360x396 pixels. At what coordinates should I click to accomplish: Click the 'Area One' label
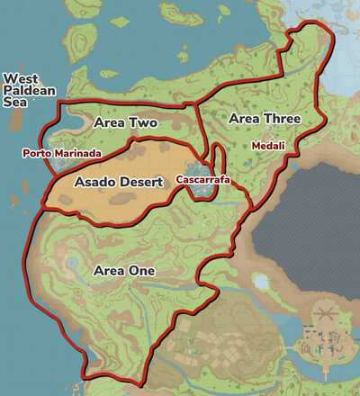(x=124, y=270)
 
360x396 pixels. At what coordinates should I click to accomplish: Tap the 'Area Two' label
(x=125, y=122)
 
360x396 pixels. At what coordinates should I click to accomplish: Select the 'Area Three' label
(x=264, y=118)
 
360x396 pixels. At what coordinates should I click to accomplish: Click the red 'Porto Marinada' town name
(x=62, y=153)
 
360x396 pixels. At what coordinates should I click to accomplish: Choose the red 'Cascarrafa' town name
(x=203, y=180)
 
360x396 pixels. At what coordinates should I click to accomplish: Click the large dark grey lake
(x=306, y=216)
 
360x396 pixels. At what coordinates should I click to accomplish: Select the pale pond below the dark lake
(x=262, y=282)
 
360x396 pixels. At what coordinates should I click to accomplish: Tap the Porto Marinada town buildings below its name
(x=56, y=166)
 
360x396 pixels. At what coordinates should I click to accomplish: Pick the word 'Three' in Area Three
(x=282, y=118)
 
